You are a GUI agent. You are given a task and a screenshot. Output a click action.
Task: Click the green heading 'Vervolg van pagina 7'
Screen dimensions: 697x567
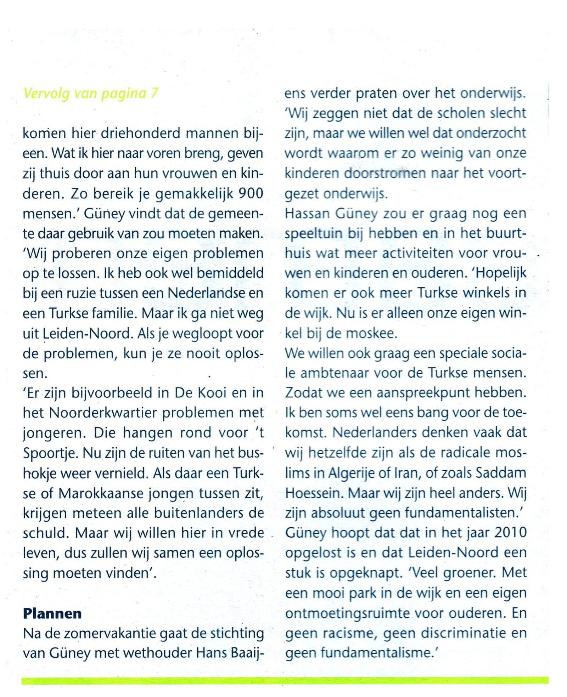pos(91,93)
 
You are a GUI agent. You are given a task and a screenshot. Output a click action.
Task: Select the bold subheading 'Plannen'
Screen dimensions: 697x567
pos(52,613)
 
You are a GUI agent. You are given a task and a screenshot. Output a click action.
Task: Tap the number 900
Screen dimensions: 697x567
pos(251,193)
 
